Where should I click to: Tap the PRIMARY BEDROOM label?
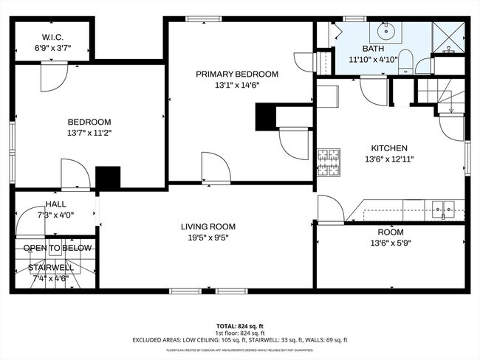tap(237, 74)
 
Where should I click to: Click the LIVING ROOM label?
tap(208, 226)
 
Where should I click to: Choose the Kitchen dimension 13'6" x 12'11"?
tap(388, 159)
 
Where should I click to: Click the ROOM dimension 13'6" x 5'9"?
tap(390, 243)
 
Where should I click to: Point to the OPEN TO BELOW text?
tap(58, 248)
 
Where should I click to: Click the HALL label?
tap(55, 204)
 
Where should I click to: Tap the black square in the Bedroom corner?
tap(108, 179)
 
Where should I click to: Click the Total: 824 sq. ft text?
tap(239, 325)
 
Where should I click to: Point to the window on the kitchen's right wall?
tap(467, 156)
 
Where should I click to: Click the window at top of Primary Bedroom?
tap(200, 19)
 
